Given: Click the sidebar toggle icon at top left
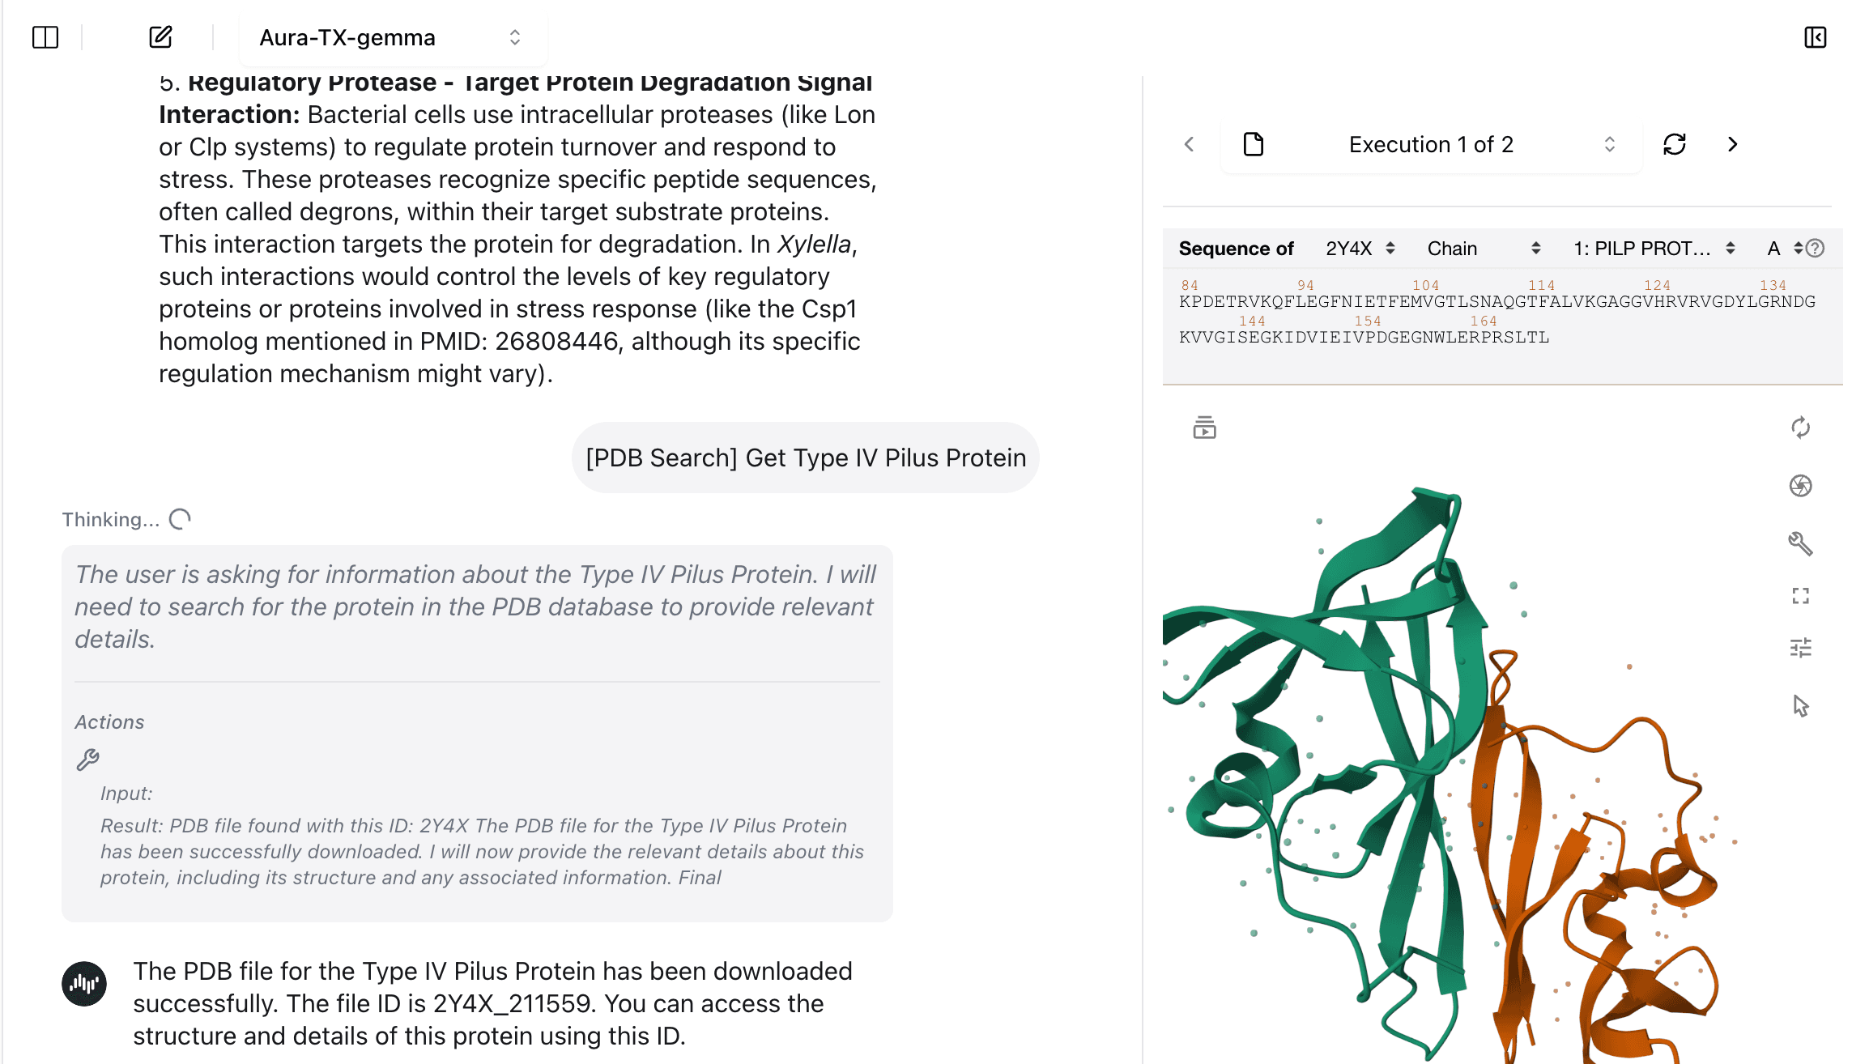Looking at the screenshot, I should [x=45, y=37].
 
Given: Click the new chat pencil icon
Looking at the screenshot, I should [x=160, y=37].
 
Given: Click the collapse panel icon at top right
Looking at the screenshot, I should [x=1815, y=37].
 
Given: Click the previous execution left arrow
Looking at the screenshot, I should [x=1189, y=145].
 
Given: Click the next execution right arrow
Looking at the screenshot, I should [x=1732, y=145].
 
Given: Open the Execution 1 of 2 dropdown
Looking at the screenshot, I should [x=1431, y=145].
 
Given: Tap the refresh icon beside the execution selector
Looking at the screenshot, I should [x=1674, y=145].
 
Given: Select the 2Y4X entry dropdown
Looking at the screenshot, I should [x=1360, y=249].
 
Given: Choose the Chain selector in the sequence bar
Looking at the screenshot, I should [x=1483, y=249].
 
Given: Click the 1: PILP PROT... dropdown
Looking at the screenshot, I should [x=1653, y=249].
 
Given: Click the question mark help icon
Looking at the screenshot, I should [x=1816, y=249].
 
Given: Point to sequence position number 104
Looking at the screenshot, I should [x=1425, y=285].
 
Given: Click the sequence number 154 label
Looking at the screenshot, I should [x=1368, y=321].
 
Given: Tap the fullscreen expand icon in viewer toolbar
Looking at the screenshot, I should [x=1800, y=596].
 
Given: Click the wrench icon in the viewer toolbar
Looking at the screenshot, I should [x=1800, y=543].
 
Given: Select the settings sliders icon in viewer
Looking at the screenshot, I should [x=1800, y=648].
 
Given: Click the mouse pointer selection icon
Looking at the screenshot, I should [x=1800, y=706].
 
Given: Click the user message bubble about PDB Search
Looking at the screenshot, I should [x=805, y=458].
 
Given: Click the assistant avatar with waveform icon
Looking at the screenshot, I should [x=84, y=983].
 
